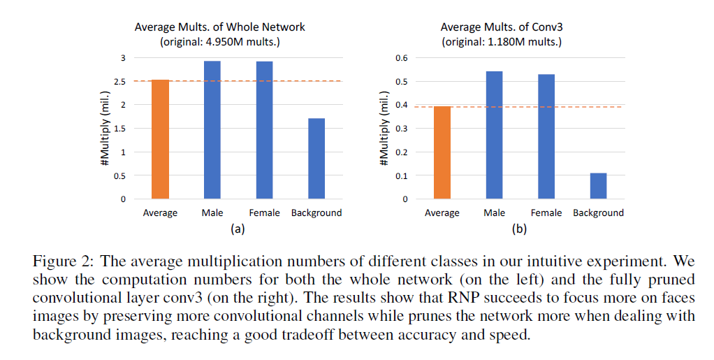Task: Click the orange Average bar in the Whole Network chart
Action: click(x=160, y=140)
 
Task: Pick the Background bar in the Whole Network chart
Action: click(x=316, y=159)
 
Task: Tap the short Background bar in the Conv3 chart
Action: click(x=598, y=186)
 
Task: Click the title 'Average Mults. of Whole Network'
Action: click(x=220, y=27)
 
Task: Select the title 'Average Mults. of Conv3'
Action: click(x=502, y=27)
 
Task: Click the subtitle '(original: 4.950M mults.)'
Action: click(x=220, y=41)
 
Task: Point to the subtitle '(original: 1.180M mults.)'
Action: click(x=502, y=41)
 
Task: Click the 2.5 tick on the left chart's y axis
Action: click(x=120, y=82)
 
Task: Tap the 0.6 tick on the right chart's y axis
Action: click(x=401, y=58)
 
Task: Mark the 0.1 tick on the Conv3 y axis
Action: click(x=401, y=175)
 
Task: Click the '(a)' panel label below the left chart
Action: click(x=238, y=228)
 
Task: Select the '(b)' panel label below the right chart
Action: click(x=519, y=228)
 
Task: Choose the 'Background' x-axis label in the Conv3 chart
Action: click(x=598, y=213)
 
